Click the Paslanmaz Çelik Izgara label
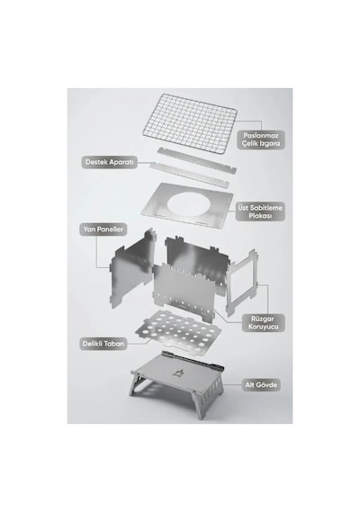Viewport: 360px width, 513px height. point(261,139)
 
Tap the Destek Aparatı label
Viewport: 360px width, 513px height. point(109,162)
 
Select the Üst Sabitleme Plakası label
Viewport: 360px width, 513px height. point(260,211)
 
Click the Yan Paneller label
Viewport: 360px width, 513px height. point(103,229)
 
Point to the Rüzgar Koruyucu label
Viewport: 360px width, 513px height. point(264,323)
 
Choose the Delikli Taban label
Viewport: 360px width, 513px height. point(103,344)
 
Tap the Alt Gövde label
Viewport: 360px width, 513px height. point(261,385)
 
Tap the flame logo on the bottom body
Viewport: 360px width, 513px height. point(178,373)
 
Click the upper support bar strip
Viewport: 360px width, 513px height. point(197,160)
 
